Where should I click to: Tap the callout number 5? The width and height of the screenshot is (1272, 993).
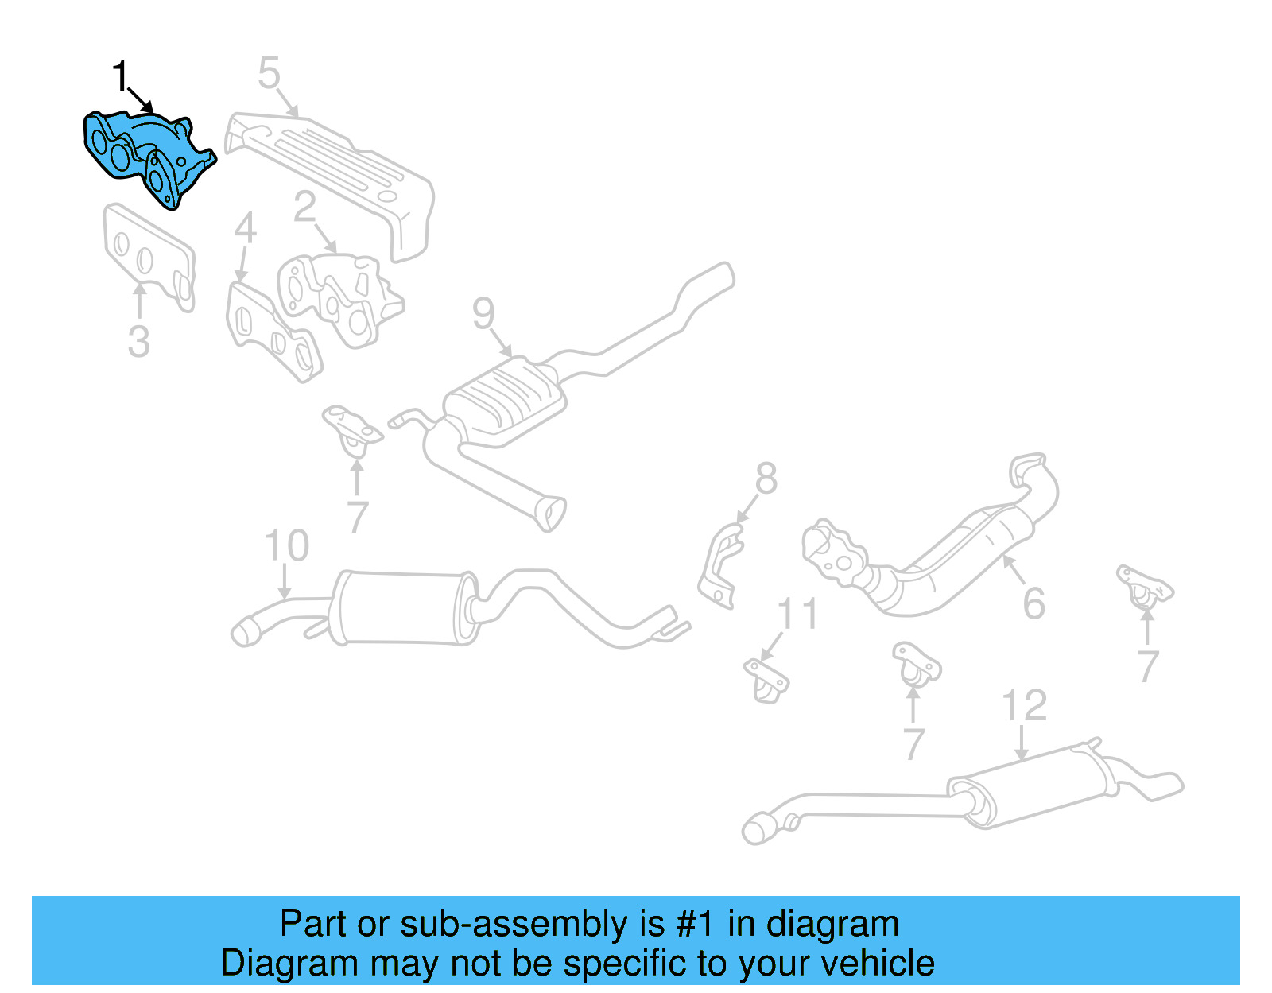point(270,73)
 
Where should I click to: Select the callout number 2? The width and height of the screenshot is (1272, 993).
point(304,208)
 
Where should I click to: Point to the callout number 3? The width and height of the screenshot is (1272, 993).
point(138,342)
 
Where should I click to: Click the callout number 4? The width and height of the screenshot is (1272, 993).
point(245,229)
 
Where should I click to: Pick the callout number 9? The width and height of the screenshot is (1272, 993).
point(483,313)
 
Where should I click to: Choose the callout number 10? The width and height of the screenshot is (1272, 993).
point(286,546)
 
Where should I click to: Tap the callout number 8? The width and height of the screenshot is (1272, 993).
point(766,479)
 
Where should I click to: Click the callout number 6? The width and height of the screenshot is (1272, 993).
point(1033,603)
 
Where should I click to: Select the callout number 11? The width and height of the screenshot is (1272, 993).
point(797,615)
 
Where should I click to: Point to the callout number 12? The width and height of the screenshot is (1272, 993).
point(1024,705)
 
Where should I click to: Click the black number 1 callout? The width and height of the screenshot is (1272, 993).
point(119,77)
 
